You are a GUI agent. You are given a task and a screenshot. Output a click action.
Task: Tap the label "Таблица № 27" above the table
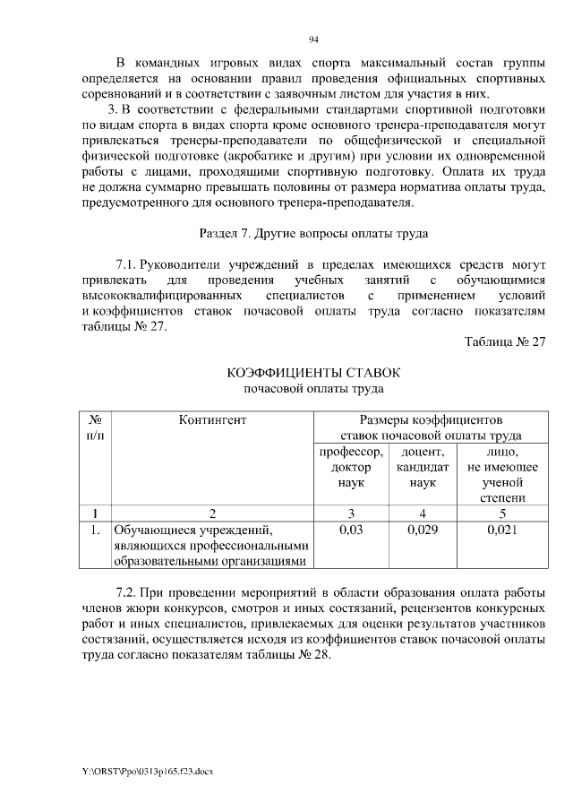click(x=505, y=341)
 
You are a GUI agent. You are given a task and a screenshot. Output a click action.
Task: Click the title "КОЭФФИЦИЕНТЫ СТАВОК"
click(x=313, y=372)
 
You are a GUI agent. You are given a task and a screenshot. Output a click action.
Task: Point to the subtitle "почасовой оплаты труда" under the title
click(x=313, y=389)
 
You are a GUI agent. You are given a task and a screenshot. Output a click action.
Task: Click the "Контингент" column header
click(x=211, y=419)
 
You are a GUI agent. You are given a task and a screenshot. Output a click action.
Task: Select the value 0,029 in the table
click(x=422, y=531)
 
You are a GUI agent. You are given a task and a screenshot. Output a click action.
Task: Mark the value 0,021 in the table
click(x=502, y=531)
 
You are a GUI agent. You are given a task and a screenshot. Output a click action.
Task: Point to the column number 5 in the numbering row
click(x=502, y=513)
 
